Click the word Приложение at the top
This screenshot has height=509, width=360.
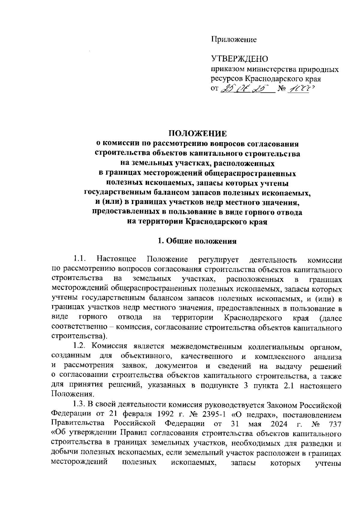pos(234,39)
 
